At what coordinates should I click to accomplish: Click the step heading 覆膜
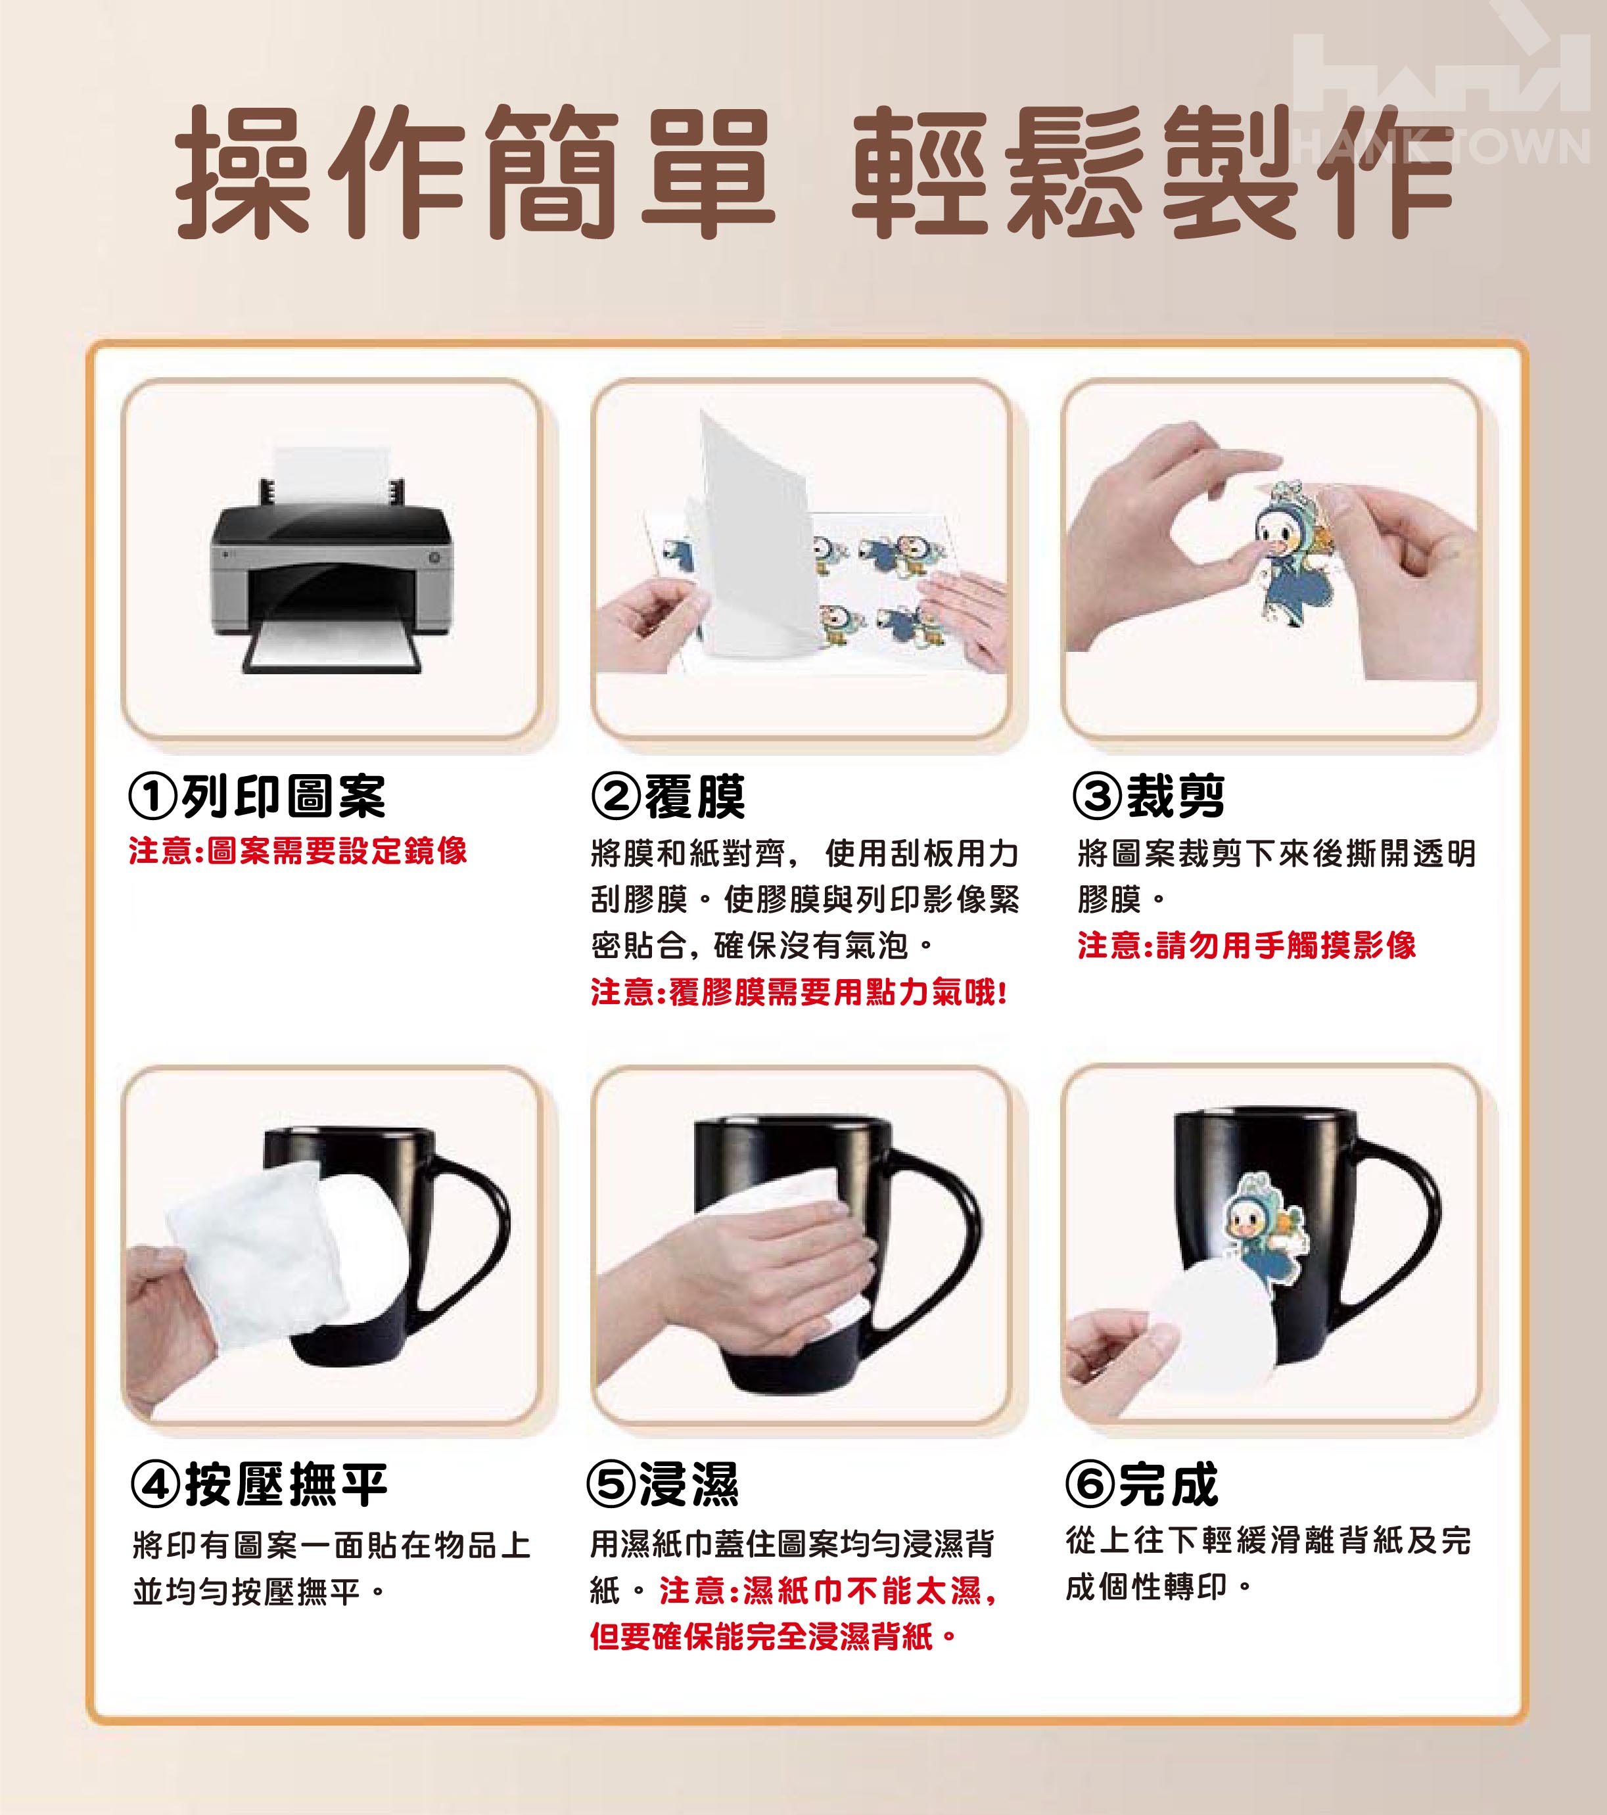click(x=695, y=796)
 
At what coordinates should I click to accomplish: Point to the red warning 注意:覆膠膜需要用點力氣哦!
click(x=799, y=992)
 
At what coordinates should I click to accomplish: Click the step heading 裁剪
click(x=1175, y=796)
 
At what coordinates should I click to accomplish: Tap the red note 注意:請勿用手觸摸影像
click(x=1246, y=945)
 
